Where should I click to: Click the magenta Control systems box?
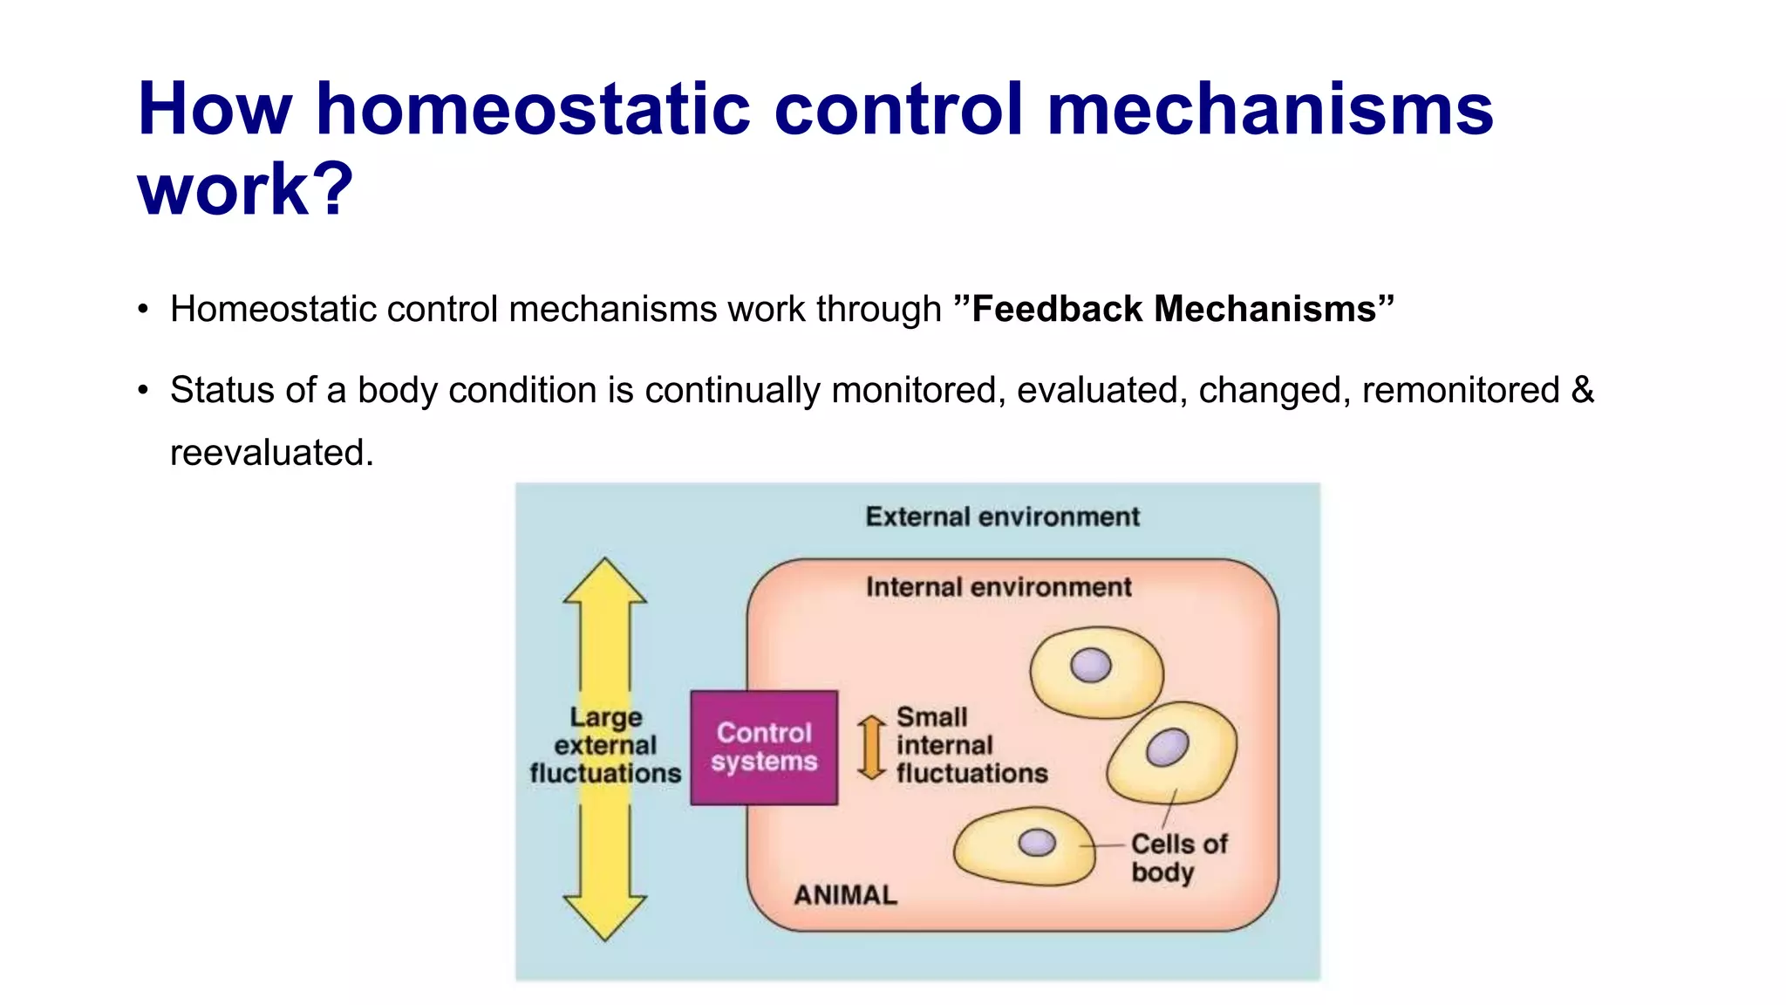pyautogui.click(x=764, y=747)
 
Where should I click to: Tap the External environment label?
pyautogui.click(x=1002, y=516)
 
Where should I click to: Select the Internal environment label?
pyautogui.click(x=999, y=587)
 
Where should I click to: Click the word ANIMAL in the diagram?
pyautogui.click(x=845, y=895)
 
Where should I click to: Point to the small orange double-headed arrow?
pyautogui.click(x=871, y=747)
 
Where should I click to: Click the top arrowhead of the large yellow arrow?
pyautogui.click(x=604, y=583)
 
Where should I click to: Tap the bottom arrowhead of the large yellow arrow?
pyautogui.click(x=604, y=916)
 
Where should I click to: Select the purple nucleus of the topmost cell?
pyautogui.click(x=1090, y=666)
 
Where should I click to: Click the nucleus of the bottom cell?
pyautogui.click(x=1037, y=842)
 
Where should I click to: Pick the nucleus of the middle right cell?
pyautogui.click(x=1167, y=748)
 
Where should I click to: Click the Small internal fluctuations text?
pyautogui.click(x=971, y=745)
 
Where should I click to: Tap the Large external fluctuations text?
pyautogui.click(x=604, y=745)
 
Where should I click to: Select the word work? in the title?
pyautogui.click(x=245, y=189)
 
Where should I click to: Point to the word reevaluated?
pyautogui.click(x=270, y=454)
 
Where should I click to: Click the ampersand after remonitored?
pyautogui.click(x=1582, y=390)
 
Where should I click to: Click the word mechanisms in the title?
pyautogui.click(x=1270, y=110)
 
